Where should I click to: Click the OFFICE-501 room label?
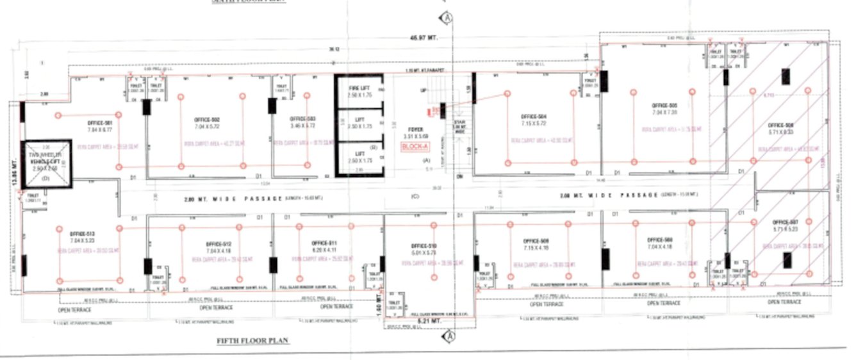pos(100,123)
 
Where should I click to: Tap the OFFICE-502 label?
pos(206,120)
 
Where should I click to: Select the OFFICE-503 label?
pos(302,119)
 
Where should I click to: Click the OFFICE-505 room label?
pos(664,105)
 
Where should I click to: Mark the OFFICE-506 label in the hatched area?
pos(780,125)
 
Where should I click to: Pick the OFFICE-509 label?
pos(536,241)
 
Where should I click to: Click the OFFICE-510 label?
pos(424,246)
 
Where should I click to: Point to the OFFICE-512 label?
pos(218,244)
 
